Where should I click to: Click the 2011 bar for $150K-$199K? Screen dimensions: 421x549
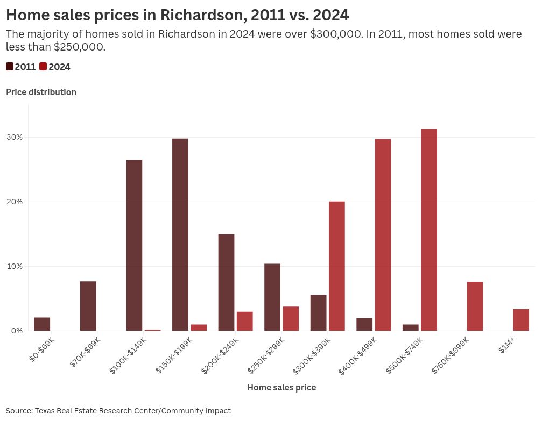coord(180,234)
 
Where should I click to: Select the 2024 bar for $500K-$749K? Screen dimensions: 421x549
coord(429,230)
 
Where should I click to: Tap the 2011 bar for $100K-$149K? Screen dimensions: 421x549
coord(134,245)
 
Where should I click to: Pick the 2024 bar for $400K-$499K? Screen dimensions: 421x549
coord(383,235)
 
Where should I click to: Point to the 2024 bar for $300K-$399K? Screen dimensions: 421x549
coord(337,266)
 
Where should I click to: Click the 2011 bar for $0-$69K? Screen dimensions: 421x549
coord(42,324)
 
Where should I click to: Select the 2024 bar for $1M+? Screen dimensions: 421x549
coord(521,320)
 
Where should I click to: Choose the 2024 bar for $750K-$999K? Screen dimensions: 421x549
coord(475,306)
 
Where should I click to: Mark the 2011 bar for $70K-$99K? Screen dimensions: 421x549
coord(88,306)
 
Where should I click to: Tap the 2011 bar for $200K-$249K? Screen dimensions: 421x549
coord(226,282)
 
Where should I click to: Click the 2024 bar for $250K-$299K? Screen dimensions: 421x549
coord(291,319)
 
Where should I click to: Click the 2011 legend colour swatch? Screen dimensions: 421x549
coord(10,67)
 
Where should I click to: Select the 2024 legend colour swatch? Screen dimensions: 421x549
coord(43,67)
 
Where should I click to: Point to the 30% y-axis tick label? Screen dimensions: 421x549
coord(15,137)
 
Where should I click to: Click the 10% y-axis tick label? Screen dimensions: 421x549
coord(15,266)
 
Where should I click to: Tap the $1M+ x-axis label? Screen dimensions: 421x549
coord(506,348)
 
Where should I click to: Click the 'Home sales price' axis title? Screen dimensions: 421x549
coord(281,387)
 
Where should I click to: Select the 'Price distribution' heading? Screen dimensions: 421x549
coord(41,92)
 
